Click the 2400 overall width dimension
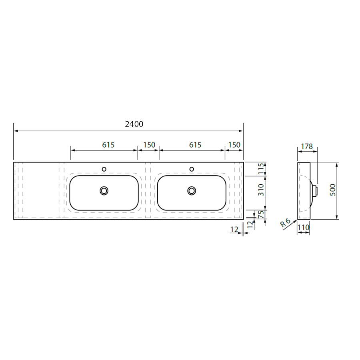pyautogui.click(x=134, y=124)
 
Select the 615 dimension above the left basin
pyautogui.click(x=108, y=145)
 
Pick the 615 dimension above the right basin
pyautogui.click(x=195, y=145)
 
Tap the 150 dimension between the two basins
pyautogui.click(x=149, y=145)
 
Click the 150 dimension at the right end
pyautogui.click(x=234, y=145)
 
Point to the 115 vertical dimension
pyautogui.click(x=261, y=169)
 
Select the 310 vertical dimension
pyautogui.click(x=261, y=190)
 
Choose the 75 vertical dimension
pyautogui.click(x=261, y=215)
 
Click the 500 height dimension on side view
pyautogui.click(x=332, y=190)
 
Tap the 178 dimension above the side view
pyautogui.click(x=307, y=146)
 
